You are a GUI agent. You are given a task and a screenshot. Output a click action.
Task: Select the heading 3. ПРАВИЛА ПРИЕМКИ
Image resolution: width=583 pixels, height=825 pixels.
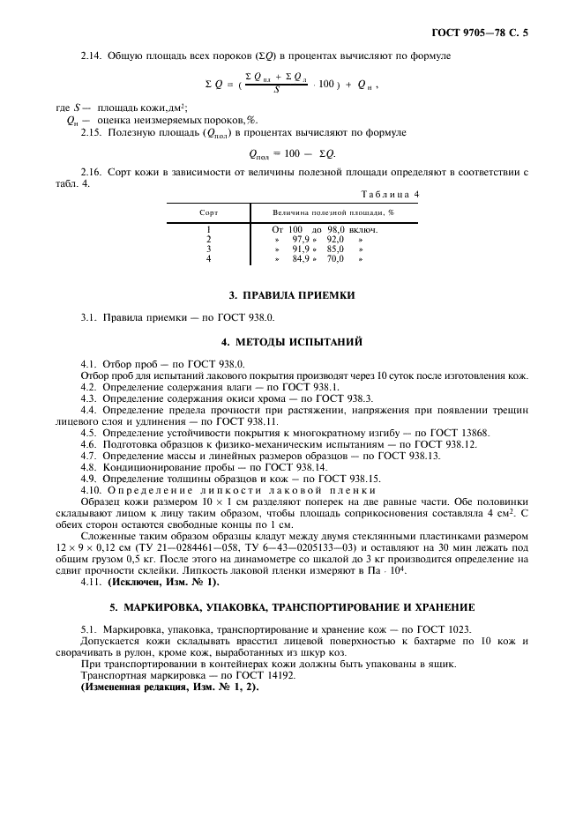point(291,294)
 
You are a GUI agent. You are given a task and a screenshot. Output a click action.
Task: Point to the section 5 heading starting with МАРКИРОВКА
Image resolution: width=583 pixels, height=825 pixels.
point(291,607)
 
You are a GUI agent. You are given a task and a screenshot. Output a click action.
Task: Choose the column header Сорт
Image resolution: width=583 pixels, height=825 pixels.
point(208,212)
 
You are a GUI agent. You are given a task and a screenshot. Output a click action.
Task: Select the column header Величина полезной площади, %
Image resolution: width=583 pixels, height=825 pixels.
point(333,212)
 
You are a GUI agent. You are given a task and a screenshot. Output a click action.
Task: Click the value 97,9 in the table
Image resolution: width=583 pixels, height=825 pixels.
point(302,239)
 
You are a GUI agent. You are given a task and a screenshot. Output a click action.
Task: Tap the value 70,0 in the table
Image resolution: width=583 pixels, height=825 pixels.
point(335,258)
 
